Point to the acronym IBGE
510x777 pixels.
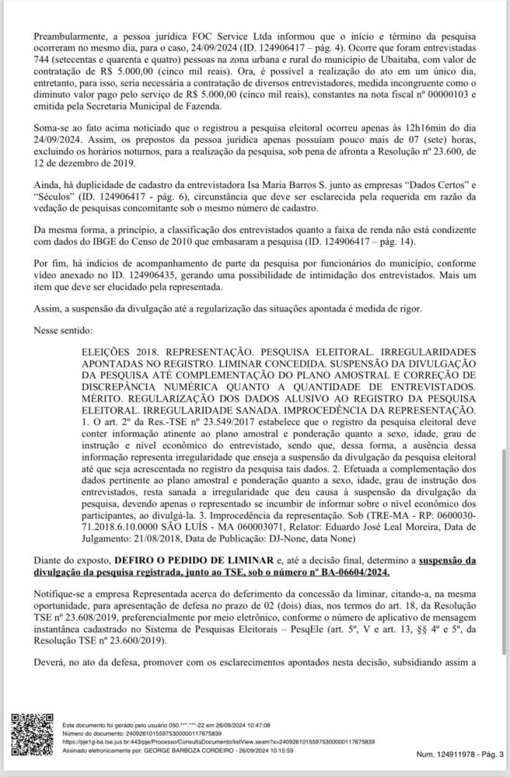(x=103, y=242)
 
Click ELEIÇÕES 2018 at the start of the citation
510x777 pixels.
(x=119, y=352)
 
